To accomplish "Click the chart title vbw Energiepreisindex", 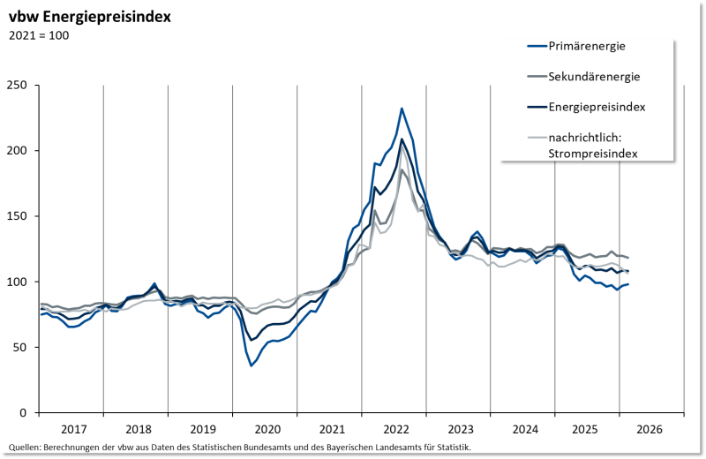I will point(90,17).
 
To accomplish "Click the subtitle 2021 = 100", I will point(39,35).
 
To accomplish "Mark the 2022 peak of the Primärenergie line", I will point(402,109).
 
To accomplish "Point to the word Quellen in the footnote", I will point(25,448).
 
